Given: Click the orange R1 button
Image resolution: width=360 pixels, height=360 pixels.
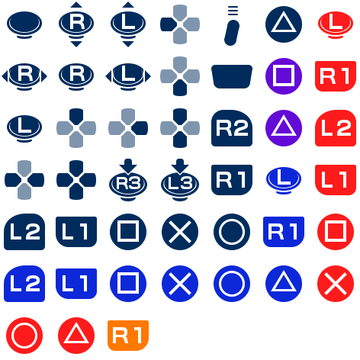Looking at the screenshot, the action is [x=128, y=336].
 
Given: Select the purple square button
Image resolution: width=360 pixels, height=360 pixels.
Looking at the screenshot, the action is [x=284, y=76].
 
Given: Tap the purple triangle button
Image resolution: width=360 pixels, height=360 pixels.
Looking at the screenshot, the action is [x=284, y=128].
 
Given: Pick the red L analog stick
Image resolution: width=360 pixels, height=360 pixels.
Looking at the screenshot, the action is [x=336, y=24].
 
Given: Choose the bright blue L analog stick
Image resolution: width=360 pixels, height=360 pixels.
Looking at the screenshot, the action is [x=284, y=180].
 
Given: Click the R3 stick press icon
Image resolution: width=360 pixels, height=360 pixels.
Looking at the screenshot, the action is [x=128, y=180].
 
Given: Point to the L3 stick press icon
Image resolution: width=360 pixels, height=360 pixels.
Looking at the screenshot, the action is [x=180, y=180].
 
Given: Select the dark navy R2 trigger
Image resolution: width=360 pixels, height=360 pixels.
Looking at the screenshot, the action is [x=232, y=128].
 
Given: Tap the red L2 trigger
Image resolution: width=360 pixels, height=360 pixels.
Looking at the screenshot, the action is [x=336, y=128].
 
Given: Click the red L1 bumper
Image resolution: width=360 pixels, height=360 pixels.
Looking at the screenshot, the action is [x=336, y=180].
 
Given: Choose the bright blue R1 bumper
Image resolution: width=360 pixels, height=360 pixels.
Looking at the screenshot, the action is [x=284, y=232].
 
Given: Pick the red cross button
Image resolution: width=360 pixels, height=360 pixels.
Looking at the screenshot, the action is [x=336, y=284].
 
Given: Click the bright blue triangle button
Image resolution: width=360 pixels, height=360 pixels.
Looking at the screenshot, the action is [x=284, y=284].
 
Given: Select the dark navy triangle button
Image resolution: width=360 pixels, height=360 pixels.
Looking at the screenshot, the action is [x=284, y=24].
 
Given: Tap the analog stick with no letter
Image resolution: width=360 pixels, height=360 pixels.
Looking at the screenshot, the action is [x=24, y=24].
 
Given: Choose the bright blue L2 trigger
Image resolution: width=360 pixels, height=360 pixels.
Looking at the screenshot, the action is [x=24, y=284].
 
